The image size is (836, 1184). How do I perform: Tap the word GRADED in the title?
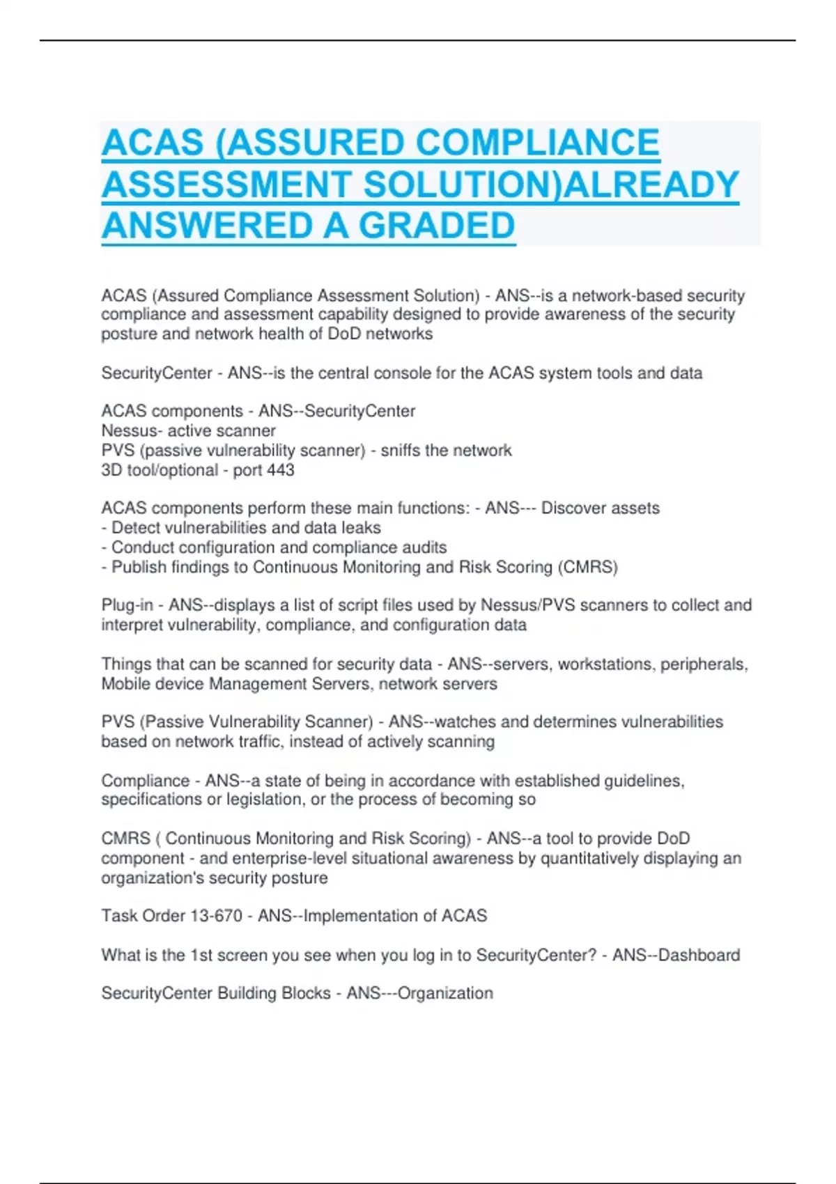point(437,226)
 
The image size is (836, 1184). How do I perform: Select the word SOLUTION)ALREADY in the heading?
point(551,185)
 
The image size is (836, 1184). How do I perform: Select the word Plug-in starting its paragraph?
point(127,605)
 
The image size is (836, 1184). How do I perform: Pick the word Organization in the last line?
point(445,993)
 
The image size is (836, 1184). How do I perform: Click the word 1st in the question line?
point(201,955)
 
